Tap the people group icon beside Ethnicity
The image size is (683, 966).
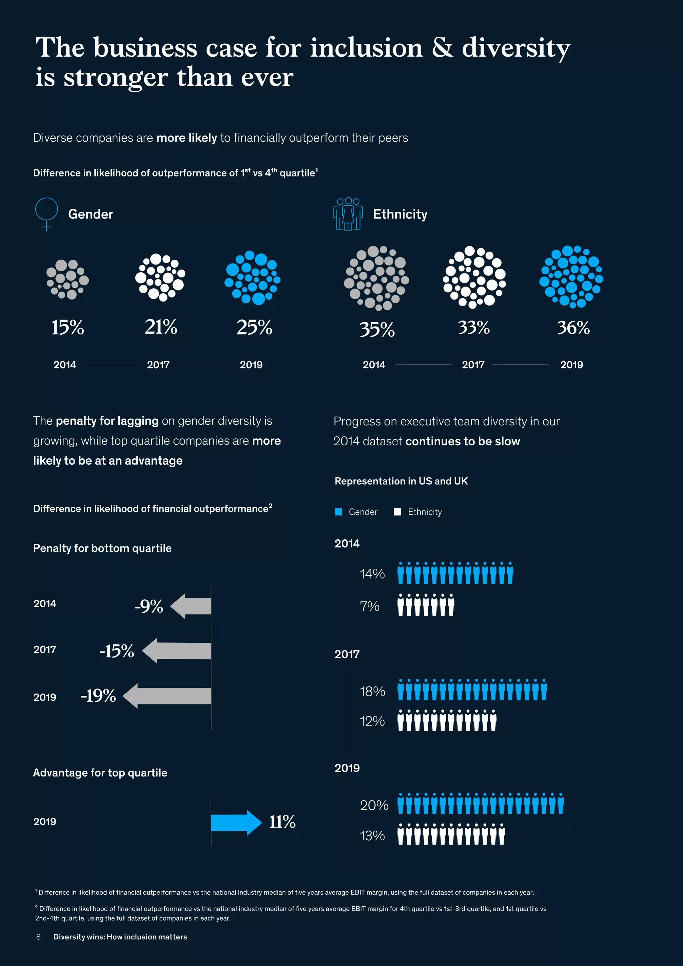pos(348,214)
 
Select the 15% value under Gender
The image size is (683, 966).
pos(67,327)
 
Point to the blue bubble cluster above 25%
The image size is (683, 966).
pos(252,278)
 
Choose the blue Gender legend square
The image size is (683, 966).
pos(338,512)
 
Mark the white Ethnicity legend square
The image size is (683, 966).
pos(397,512)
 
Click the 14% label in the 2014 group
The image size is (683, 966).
pos(372,574)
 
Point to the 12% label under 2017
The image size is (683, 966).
pos(372,721)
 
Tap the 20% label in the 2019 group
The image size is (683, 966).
pos(374,805)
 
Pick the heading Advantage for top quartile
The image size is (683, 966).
pos(100,773)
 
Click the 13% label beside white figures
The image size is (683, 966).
pos(372,836)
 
